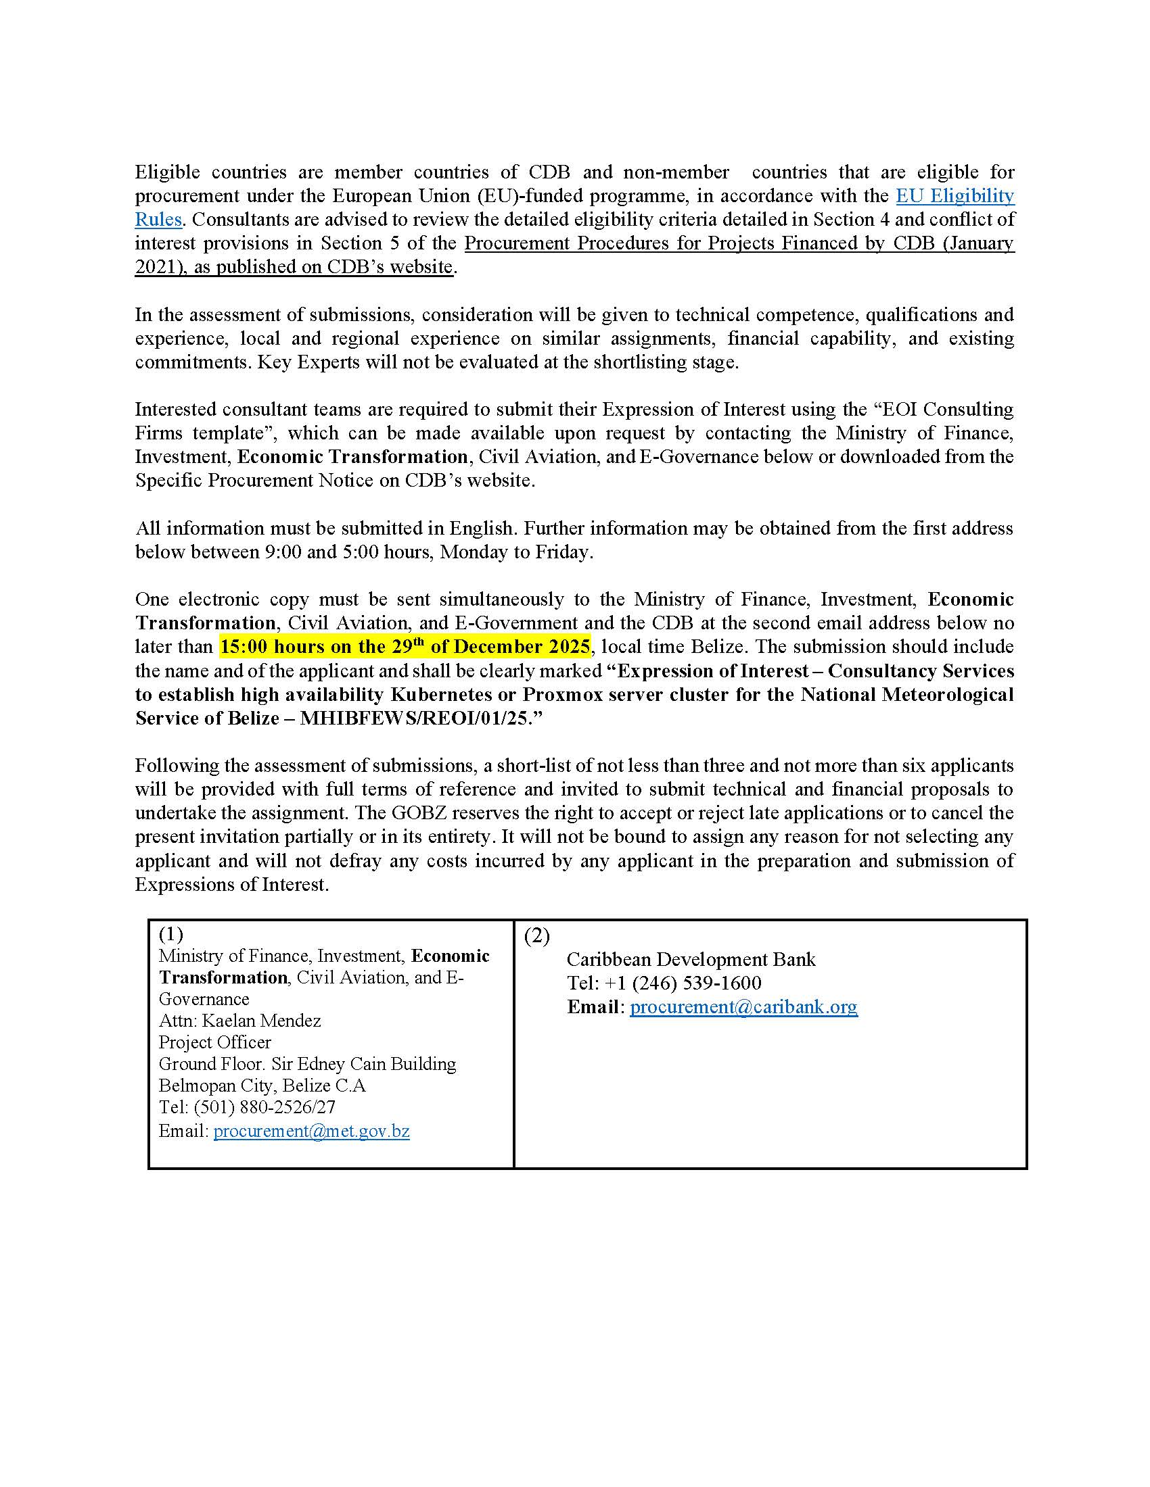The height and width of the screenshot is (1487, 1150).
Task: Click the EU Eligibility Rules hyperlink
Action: point(954,196)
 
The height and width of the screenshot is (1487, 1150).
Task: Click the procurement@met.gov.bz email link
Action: point(311,1131)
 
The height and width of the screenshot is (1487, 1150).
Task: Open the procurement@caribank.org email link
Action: point(743,1006)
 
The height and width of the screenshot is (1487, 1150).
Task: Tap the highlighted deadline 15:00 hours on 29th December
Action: point(405,646)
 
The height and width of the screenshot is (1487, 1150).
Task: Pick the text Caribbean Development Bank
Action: point(691,959)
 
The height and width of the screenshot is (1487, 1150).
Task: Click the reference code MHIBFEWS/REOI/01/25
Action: point(414,718)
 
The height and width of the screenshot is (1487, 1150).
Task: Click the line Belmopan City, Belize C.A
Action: point(262,1086)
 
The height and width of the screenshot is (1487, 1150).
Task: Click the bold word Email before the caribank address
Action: point(593,1006)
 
